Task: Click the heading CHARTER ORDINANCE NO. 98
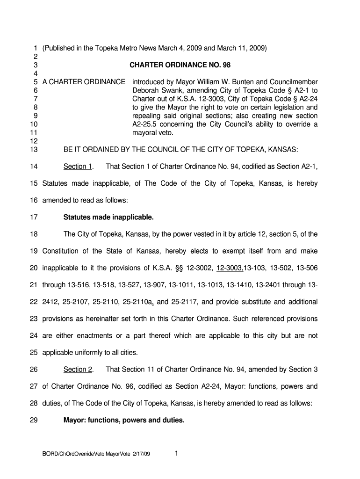coord(180,65)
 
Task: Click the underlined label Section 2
coord(78,370)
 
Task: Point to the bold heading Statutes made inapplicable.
coord(108,218)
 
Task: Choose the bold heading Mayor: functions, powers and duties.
coord(124,420)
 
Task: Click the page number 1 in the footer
coord(175,453)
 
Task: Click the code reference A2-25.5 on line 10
coord(146,124)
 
